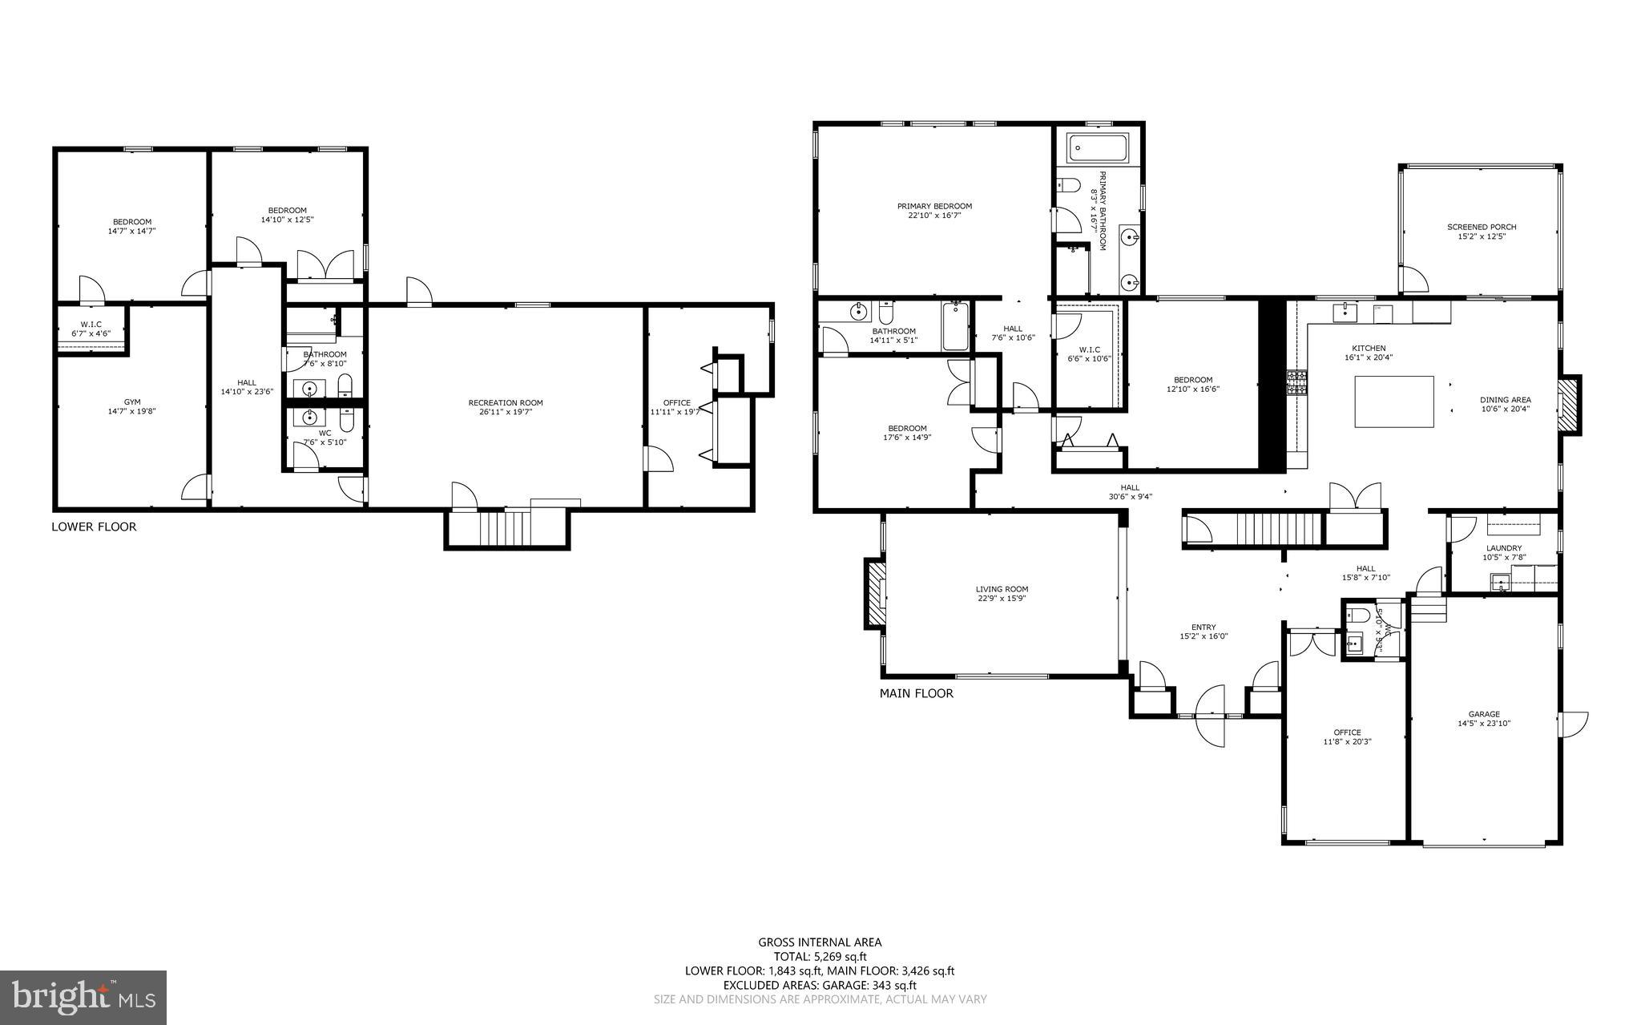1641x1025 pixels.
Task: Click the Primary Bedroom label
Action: click(x=934, y=206)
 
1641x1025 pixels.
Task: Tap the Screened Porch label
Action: click(x=1482, y=227)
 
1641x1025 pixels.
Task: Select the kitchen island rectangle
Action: click(x=1394, y=402)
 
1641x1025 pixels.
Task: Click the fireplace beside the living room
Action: click(x=874, y=594)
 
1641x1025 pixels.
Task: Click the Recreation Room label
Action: click(x=506, y=403)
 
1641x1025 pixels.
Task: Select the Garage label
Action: click(x=1484, y=714)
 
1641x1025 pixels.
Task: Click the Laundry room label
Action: click(x=1503, y=548)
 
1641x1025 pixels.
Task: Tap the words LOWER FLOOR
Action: click(x=94, y=527)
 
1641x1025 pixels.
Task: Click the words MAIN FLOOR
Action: click(x=916, y=693)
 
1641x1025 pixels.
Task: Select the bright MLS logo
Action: click(x=83, y=997)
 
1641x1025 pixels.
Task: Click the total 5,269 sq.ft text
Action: click(x=820, y=956)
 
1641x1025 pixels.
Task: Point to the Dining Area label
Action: click(x=1505, y=400)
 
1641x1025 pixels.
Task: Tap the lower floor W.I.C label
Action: click(x=91, y=324)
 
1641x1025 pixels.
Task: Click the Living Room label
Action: click(x=1002, y=589)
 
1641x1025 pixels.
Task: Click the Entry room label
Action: click(x=1204, y=628)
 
